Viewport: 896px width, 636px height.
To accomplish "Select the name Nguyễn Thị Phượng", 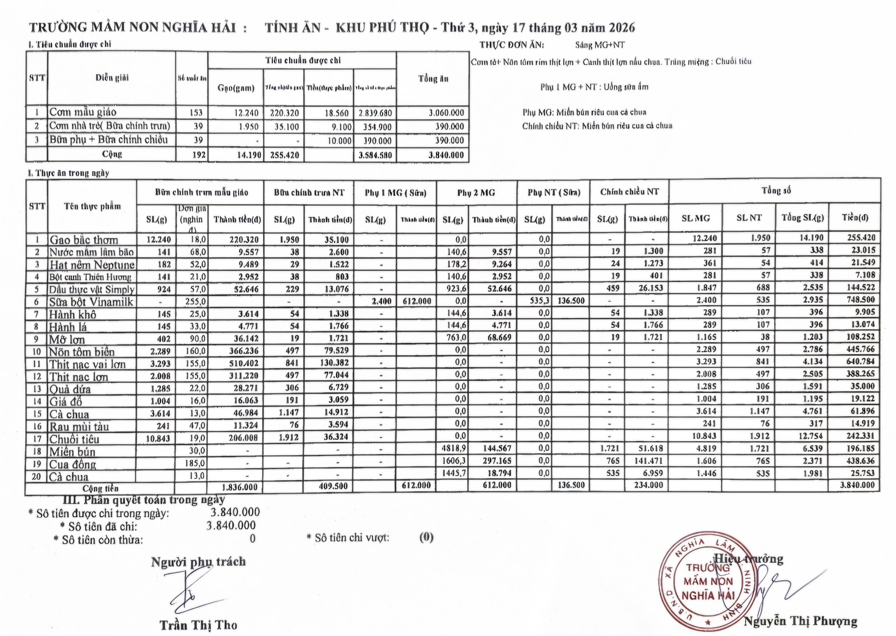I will (x=800, y=621).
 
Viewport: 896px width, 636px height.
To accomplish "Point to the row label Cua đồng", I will (x=72, y=464).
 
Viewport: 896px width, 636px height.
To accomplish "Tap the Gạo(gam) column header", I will (x=236, y=88).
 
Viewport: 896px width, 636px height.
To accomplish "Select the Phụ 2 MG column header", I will (x=476, y=193).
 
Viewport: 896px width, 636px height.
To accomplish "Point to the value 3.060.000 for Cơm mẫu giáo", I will (x=446, y=113).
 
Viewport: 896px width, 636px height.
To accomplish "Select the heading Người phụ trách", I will (x=198, y=562).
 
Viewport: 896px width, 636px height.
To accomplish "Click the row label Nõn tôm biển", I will (x=82, y=352).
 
